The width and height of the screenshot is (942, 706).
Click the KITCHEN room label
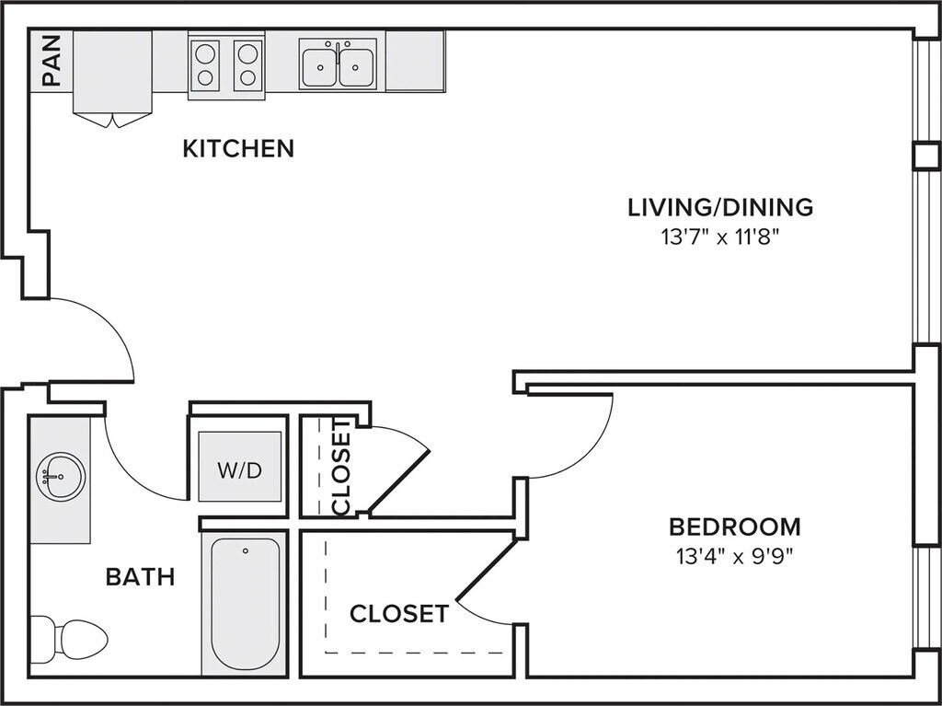pyautogui.click(x=238, y=148)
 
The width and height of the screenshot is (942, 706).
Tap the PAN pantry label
pyautogui.click(x=52, y=60)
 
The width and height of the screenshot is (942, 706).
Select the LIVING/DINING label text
pyautogui.click(x=720, y=207)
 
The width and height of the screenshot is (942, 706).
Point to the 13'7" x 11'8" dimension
pyautogui.click(x=720, y=237)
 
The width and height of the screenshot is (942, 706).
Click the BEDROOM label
pyautogui.click(x=735, y=527)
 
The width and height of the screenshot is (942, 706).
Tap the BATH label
pyautogui.click(x=140, y=577)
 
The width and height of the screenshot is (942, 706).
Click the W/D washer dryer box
pyautogui.click(x=240, y=467)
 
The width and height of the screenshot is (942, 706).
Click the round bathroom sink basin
pyautogui.click(x=60, y=477)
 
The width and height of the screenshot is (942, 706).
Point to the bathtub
pyautogui.click(x=245, y=603)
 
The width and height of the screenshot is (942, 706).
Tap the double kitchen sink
pyautogui.click(x=338, y=64)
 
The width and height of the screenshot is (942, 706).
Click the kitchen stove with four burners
pyautogui.click(x=226, y=65)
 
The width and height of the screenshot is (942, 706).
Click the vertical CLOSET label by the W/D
pyautogui.click(x=341, y=468)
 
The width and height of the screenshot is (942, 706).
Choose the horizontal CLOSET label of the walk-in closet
pyautogui.click(x=399, y=614)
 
